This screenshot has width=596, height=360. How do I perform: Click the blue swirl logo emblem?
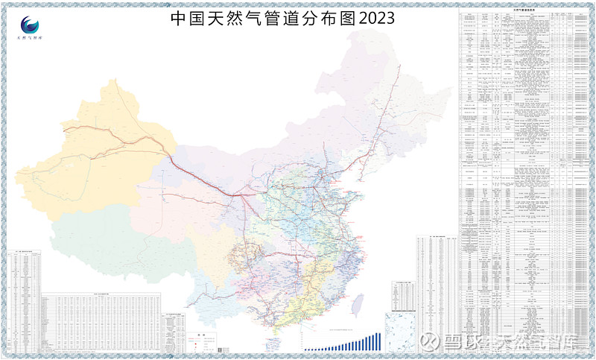point(31,25)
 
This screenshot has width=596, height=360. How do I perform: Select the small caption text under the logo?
point(31,37)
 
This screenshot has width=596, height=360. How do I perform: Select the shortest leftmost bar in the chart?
point(305,349)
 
